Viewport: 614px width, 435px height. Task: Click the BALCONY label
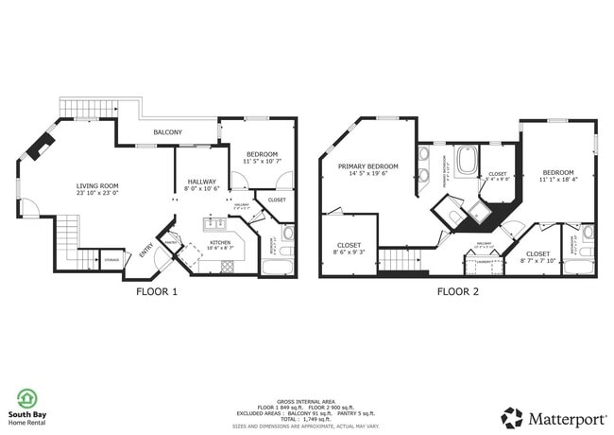pos(168,132)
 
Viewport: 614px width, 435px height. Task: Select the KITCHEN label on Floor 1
pos(220,243)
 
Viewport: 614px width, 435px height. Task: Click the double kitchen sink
pos(214,224)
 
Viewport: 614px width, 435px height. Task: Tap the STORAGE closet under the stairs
pos(111,258)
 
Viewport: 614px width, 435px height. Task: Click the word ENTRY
pos(146,251)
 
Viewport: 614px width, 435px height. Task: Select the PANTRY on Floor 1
pos(172,242)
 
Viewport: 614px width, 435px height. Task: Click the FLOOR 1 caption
pos(157,291)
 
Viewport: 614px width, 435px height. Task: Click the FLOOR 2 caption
pos(457,291)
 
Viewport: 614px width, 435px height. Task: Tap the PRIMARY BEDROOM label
pos(367,166)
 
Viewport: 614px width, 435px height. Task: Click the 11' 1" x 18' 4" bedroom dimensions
pos(558,179)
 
